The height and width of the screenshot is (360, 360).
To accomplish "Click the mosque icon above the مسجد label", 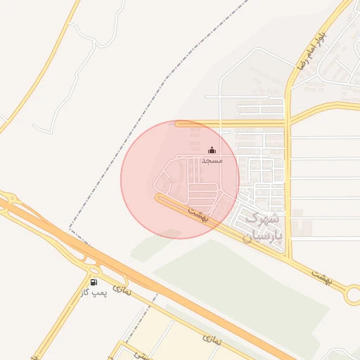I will click(x=212, y=150).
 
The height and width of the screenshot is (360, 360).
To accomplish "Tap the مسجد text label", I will click(x=212, y=161).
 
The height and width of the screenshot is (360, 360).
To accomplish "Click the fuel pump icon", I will click(x=94, y=282).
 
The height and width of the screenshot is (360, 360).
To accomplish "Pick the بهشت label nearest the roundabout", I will click(x=321, y=276).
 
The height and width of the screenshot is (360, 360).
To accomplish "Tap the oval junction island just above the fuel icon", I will click(x=92, y=270).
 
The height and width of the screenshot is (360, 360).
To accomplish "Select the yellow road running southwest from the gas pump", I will click(x=60, y=323).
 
